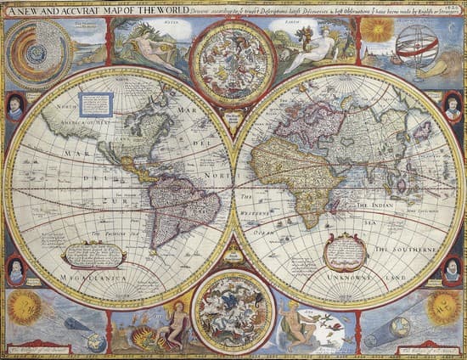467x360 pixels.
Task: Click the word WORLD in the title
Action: click(168, 9)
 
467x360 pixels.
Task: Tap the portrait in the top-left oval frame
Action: click(14, 108)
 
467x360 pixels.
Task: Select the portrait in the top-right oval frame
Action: click(453, 108)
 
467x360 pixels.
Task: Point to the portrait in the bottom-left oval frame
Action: click(14, 270)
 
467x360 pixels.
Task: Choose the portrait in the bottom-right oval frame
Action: click(453, 271)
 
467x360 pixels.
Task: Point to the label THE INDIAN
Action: click(375, 205)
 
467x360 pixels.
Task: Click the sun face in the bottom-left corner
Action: click(25, 307)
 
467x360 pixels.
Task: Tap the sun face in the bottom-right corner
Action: click(443, 307)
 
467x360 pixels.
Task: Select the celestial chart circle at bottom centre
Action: click(233, 312)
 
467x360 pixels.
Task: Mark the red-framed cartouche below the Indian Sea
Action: click(346, 251)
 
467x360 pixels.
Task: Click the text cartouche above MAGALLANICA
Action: click(94, 253)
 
